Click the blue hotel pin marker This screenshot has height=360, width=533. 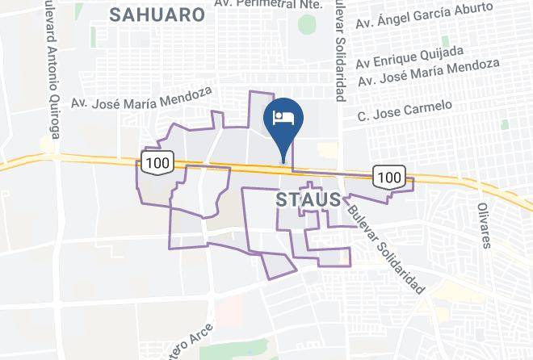[283, 122]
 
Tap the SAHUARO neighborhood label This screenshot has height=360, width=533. [157, 14]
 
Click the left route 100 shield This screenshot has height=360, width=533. [157, 163]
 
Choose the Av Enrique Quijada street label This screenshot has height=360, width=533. [409, 57]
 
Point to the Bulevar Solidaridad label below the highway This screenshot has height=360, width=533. [387, 249]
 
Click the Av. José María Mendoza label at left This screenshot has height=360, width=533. [141, 98]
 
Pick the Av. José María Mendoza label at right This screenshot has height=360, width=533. [429, 73]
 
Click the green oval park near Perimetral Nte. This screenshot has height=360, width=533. [307, 25]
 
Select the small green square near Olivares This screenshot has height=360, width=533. [504, 124]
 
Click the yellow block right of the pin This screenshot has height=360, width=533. [327, 150]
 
